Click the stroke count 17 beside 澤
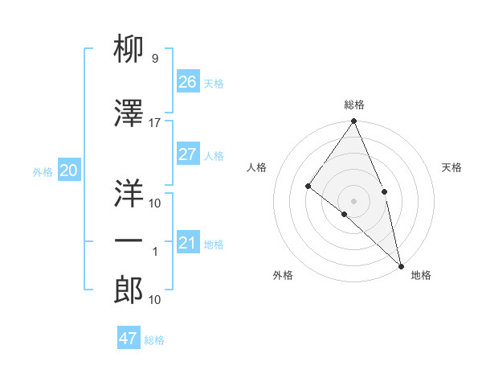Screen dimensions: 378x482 coord(155,122)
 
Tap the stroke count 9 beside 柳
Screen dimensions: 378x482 coord(154,58)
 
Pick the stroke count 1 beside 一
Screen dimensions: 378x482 coord(155,252)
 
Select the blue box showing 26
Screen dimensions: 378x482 coord(187,82)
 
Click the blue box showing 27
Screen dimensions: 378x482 coord(187,154)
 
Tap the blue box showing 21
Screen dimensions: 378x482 coord(187,243)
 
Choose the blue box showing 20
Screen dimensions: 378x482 coord(68,171)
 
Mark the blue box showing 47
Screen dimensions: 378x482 coord(129,339)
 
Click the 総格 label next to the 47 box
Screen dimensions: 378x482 coord(154,340)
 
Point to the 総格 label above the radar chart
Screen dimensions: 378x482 coord(354,105)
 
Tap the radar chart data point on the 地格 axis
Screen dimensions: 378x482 coord(401,265)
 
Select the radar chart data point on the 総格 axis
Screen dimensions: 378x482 coord(354,121)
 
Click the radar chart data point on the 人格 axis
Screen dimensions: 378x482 coord(308,186)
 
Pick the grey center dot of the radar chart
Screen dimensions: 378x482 coord(354,200)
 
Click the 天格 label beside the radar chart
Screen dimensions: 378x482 coord(452,167)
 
